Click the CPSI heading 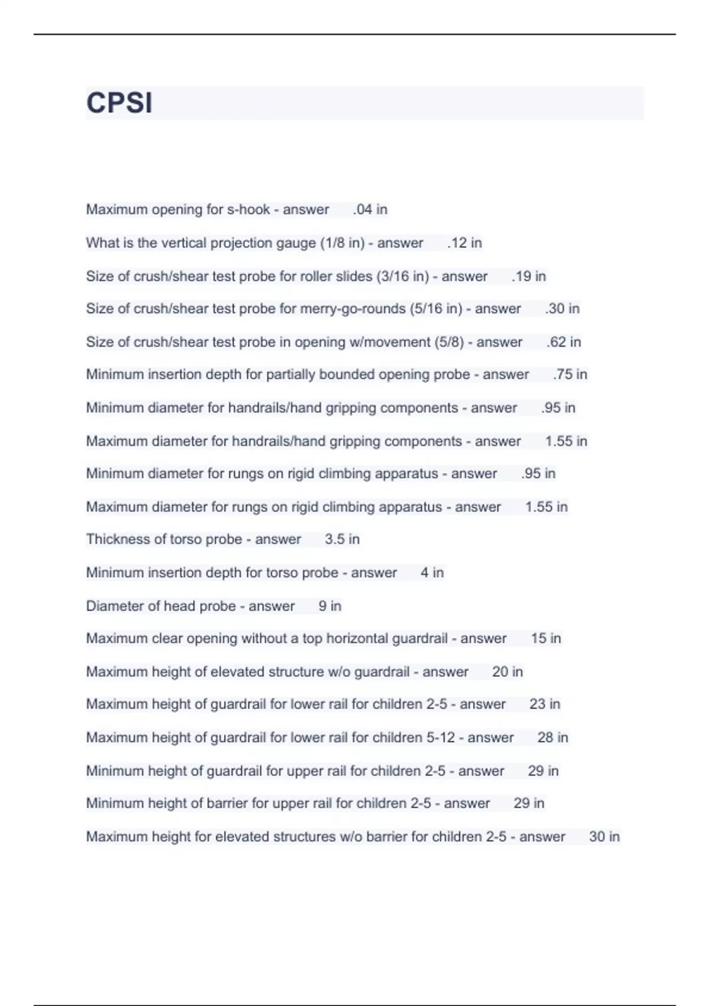pos(120,103)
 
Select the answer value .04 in pos(370,209)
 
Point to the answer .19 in pos(528,276)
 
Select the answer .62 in pos(563,342)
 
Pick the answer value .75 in pos(570,375)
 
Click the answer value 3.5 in pos(342,540)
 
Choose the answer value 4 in pos(432,573)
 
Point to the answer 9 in pos(330,606)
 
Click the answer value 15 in pos(546,639)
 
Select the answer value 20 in pos(507,672)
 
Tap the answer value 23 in pos(544,704)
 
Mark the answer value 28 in pos(552,738)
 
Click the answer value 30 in pos(604,837)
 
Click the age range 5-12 pos(440,738)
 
